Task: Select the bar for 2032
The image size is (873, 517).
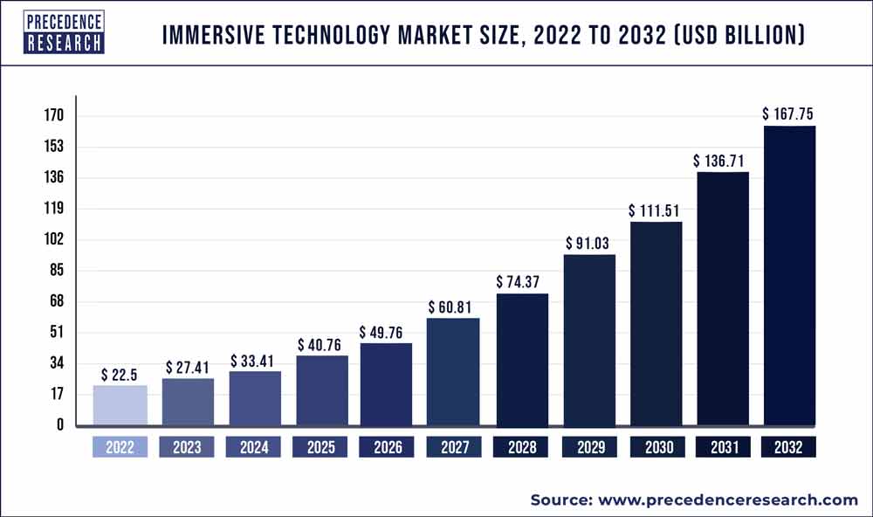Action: pos(789,276)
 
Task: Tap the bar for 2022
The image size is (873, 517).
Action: pos(120,405)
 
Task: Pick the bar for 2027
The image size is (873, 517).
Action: pos(453,372)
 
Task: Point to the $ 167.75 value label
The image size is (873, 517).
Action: pos(789,114)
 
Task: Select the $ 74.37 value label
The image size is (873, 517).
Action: pos(521,282)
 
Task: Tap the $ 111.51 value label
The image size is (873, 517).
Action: pos(655,210)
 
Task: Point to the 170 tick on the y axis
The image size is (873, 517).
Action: pos(54,116)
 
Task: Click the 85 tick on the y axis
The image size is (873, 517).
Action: pos(58,271)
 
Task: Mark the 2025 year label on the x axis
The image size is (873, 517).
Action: pos(321,448)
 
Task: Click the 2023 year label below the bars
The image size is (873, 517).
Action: pos(187,448)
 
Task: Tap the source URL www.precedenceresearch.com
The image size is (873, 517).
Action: pos(728,500)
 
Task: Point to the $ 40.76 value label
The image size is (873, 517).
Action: pos(321,345)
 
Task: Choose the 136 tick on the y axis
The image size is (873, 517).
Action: pos(54,178)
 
